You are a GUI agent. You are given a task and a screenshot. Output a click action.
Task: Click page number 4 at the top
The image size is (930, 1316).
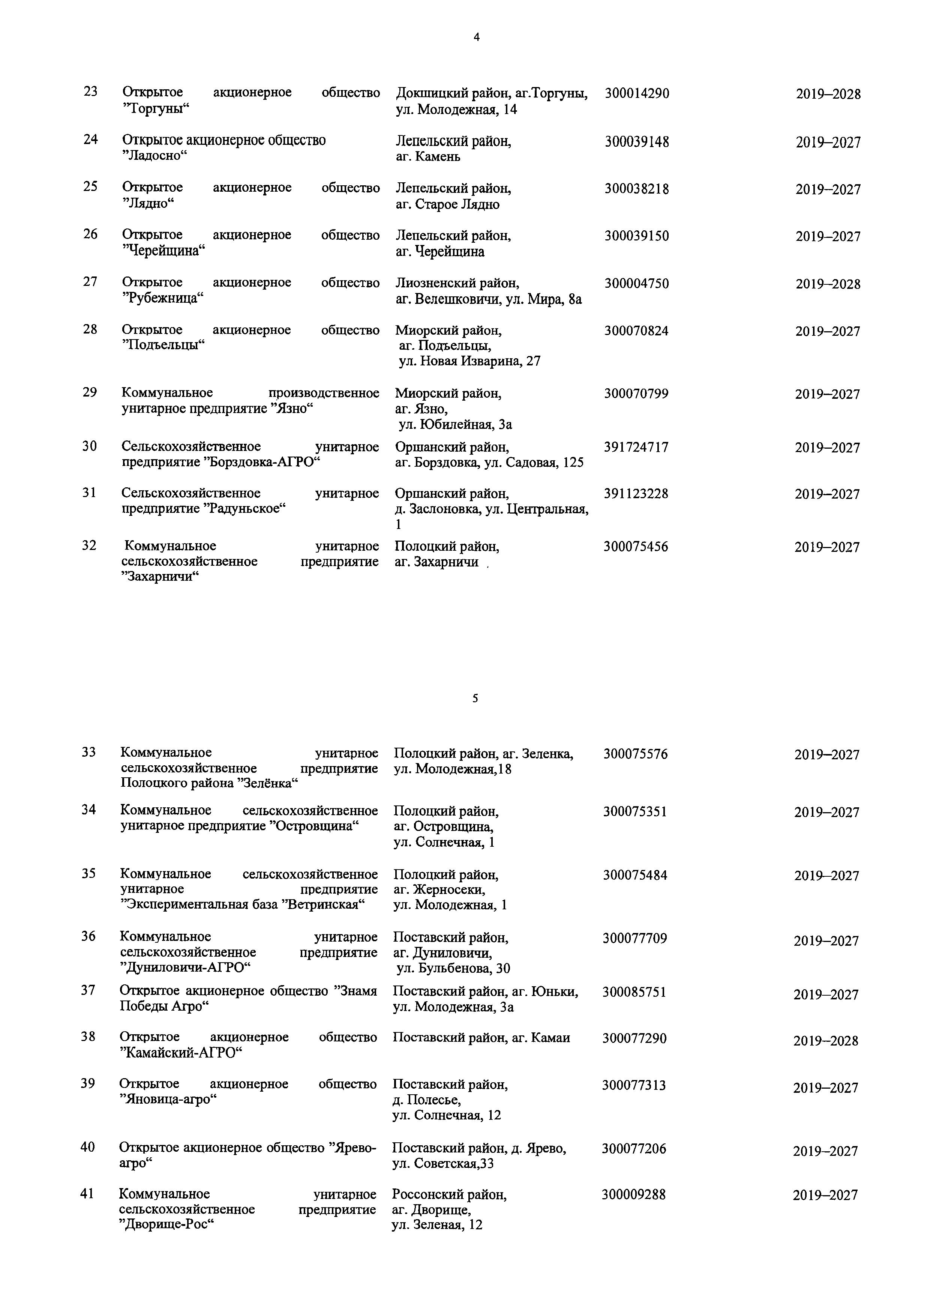pos(476,38)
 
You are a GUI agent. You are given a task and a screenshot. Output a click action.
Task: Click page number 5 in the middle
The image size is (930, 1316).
pos(475,698)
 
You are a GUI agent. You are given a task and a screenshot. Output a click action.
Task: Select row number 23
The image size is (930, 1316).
pos(90,91)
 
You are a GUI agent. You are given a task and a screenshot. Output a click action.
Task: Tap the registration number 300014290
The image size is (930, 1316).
pos(637,93)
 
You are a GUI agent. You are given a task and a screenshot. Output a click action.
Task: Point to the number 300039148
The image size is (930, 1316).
pos(637,141)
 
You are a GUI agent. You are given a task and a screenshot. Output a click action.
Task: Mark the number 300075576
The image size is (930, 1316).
pos(636,754)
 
